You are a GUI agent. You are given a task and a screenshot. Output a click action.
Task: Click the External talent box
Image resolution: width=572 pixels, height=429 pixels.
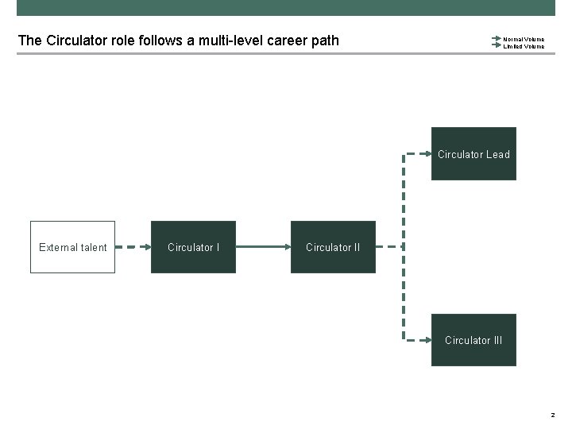[x=73, y=247]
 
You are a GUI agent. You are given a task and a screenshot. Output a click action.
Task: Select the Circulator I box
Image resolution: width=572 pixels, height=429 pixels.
[x=193, y=247]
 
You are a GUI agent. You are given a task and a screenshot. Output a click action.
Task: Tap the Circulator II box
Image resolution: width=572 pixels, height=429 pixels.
[x=333, y=247]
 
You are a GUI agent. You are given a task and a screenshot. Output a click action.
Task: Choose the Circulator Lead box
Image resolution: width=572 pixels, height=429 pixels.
[x=473, y=154]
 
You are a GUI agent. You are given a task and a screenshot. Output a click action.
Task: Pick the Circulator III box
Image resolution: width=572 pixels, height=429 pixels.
[x=473, y=340]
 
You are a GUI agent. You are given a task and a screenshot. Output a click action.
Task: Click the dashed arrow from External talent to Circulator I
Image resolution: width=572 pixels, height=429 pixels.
[x=133, y=247]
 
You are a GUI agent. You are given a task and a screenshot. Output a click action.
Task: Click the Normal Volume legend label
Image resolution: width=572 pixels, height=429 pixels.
[x=524, y=38]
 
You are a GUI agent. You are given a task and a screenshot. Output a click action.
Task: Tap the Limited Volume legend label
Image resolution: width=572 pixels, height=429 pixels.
[x=524, y=46]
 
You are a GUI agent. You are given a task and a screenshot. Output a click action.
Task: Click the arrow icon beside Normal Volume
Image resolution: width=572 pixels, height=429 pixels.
[x=497, y=38]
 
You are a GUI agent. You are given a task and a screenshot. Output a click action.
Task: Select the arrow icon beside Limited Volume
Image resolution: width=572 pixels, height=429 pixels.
[x=497, y=46]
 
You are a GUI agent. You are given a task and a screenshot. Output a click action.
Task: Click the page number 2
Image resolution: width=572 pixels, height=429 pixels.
[x=551, y=415]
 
